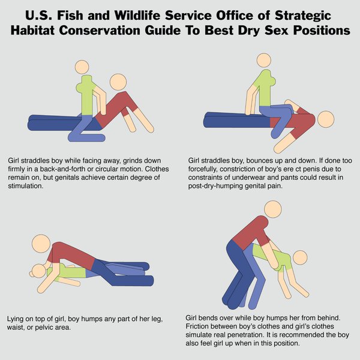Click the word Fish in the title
[70, 16]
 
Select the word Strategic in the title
[303, 16]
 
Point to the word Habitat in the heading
[32, 31]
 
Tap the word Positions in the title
[322, 31]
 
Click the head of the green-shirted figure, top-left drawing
[82, 67]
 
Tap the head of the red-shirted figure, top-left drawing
[118, 82]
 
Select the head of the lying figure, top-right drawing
[326, 119]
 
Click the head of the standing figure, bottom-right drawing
[273, 209]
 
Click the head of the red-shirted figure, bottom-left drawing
[41, 244]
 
